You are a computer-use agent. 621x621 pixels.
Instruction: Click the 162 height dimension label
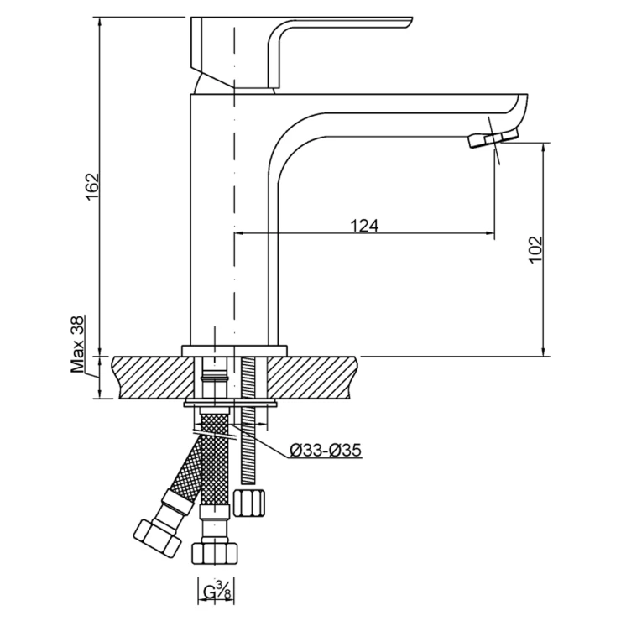pyautogui.click(x=91, y=186)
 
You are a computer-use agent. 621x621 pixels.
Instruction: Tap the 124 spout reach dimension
pyautogui.click(x=364, y=226)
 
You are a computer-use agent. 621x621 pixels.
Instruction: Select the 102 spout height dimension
pyautogui.click(x=535, y=249)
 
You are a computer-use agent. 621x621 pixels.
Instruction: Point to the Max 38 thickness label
pyautogui.click(x=77, y=344)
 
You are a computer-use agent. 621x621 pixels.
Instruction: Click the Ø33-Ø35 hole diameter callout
pyautogui.click(x=326, y=451)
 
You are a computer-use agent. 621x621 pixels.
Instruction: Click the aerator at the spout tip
pyautogui.click(x=493, y=138)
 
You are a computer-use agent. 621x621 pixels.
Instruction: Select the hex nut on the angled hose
pyautogui.click(x=157, y=540)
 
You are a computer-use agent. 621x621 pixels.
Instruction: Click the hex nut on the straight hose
pyautogui.click(x=215, y=553)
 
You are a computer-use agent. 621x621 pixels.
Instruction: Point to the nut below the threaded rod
pyautogui.click(x=248, y=503)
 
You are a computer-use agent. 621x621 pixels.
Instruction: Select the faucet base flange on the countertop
pyautogui.click(x=234, y=351)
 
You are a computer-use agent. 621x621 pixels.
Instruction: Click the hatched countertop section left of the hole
pyautogui.click(x=154, y=378)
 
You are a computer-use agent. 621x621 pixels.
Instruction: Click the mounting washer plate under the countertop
pyautogui.click(x=230, y=404)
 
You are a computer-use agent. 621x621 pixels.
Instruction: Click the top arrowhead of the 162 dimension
pyautogui.click(x=99, y=23)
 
